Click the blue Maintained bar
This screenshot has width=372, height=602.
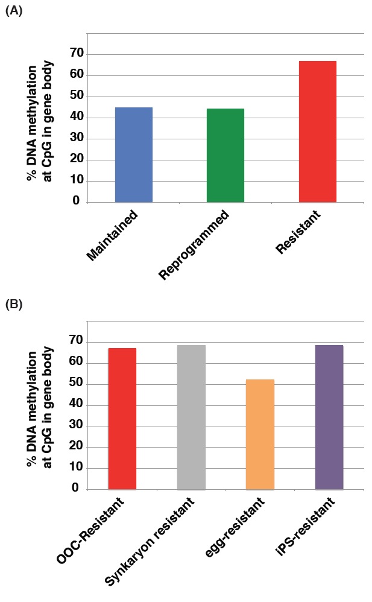(x=133, y=154)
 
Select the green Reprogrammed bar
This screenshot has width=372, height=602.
(x=225, y=155)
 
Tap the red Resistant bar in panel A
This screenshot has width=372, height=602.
(x=317, y=131)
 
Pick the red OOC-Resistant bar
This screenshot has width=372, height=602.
(x=122, y=419)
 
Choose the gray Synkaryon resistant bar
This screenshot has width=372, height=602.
(x=191, y=417)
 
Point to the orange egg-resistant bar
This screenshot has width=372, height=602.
(x=260, y=434)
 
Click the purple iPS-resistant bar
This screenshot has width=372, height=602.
(x=329, y=417)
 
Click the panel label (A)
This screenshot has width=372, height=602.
(x=14, y=10)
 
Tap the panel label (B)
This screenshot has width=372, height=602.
(x=14, y=304)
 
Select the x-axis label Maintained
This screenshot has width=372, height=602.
(x=113, y=236)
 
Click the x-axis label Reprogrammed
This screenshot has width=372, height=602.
(x=194, y=246)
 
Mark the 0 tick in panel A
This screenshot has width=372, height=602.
(x=77, y=201)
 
